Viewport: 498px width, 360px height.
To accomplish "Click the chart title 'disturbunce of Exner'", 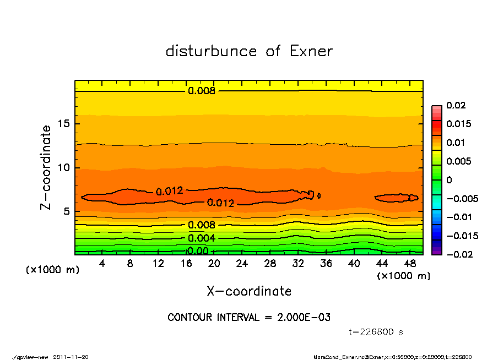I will tap(249, 51).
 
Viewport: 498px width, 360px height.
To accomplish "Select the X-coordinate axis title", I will tap(249, 291).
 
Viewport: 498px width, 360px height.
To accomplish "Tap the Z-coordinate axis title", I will tap(46, 167).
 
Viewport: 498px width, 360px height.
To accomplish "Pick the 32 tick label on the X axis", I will tap(297, 264).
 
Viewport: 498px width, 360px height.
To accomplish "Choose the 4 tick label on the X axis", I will tap(102, 264).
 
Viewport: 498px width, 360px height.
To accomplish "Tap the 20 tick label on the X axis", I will tap(214, 264).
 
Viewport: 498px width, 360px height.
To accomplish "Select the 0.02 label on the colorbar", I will tap(457, 105).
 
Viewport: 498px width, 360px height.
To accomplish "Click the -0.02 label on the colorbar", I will tap(459, 254).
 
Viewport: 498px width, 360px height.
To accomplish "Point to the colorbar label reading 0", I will tap(448, 180).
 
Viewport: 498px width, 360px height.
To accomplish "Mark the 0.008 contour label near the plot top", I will tap(201, 91).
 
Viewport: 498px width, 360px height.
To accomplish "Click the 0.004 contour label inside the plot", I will tap(201, 238).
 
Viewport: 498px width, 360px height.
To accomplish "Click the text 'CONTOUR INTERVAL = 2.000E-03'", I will tap(249, 318).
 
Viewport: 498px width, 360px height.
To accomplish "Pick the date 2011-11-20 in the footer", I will tap(71, 357).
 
